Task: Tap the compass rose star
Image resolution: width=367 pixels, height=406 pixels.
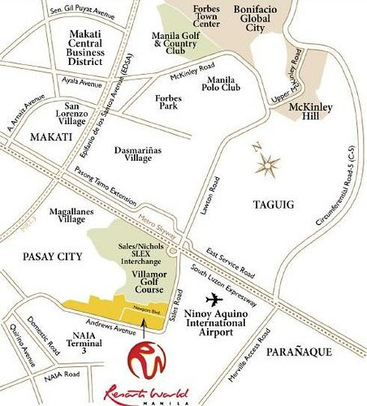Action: click(x=266, y=166)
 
